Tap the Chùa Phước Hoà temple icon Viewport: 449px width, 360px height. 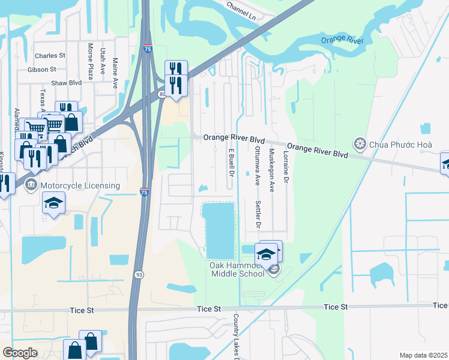point(360,143)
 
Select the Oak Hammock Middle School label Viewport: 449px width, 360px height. point(236,269)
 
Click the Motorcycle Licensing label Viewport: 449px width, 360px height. point(81,185)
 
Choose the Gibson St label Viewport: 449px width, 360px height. point(42,70)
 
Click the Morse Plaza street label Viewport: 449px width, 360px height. point(91,61)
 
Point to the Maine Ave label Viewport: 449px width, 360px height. point(115,71)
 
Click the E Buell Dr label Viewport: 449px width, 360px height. point(231,163)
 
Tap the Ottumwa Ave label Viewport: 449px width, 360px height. point(257,163)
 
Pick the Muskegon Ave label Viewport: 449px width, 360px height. point(271,170)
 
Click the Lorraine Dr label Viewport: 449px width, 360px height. point(286,167)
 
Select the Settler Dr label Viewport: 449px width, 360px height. point(259,215)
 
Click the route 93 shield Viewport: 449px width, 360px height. point(139,274)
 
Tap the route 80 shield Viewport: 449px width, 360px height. point(163,94)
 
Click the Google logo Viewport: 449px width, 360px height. point(20,353)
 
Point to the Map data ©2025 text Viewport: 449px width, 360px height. point(423,355)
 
